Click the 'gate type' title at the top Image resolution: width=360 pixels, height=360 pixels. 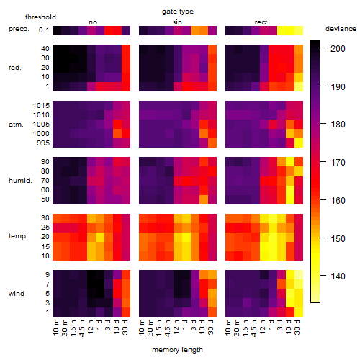coord(178,12)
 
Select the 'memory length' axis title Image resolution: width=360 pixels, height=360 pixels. coord(177,350)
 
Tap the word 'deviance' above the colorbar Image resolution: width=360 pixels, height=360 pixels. coord(341,29)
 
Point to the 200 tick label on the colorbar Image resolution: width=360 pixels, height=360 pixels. coord(338,49)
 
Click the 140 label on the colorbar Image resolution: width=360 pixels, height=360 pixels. coord(338,276)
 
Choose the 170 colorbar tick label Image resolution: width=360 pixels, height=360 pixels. coord(338,163)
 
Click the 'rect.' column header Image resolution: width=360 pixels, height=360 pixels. coord(262,22)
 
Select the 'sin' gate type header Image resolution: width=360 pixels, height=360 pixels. coord(177,22)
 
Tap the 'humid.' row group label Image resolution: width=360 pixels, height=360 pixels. coord(20,181)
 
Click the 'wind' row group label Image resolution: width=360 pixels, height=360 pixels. coord(17,294)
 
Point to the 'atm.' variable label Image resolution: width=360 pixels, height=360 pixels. coord(16,125)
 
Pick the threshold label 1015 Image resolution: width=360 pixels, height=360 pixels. coord(41,105)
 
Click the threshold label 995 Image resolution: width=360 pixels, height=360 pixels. coord(43,143)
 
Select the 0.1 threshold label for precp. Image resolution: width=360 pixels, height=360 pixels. coord(44,30)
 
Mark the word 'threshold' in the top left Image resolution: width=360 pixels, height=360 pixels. coord(40,17)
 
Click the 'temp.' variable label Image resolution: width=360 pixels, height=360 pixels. coord(18,236)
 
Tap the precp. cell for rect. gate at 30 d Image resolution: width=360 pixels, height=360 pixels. coord(299,30)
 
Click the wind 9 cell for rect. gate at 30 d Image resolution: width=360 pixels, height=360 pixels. coord(299,275)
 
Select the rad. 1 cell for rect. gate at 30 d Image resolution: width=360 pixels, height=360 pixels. coord(299,86)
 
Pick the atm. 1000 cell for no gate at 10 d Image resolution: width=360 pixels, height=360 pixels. coord(117,134)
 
